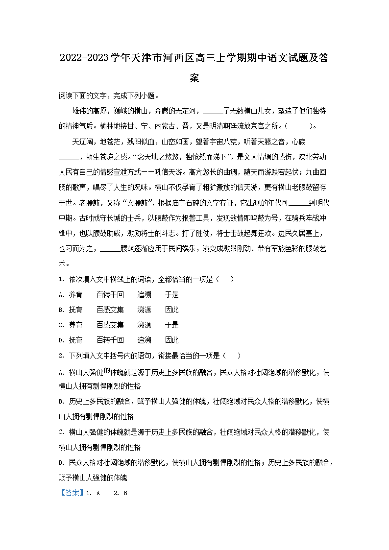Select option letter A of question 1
tap(61, 295)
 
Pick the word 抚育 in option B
tap(76, 310)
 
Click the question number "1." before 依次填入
tap(61, 280)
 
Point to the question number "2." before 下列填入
tap(61, 355)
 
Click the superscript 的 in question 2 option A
tap(107, 370)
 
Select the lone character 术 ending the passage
tap(62, 264)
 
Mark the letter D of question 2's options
tap(61, 462)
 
